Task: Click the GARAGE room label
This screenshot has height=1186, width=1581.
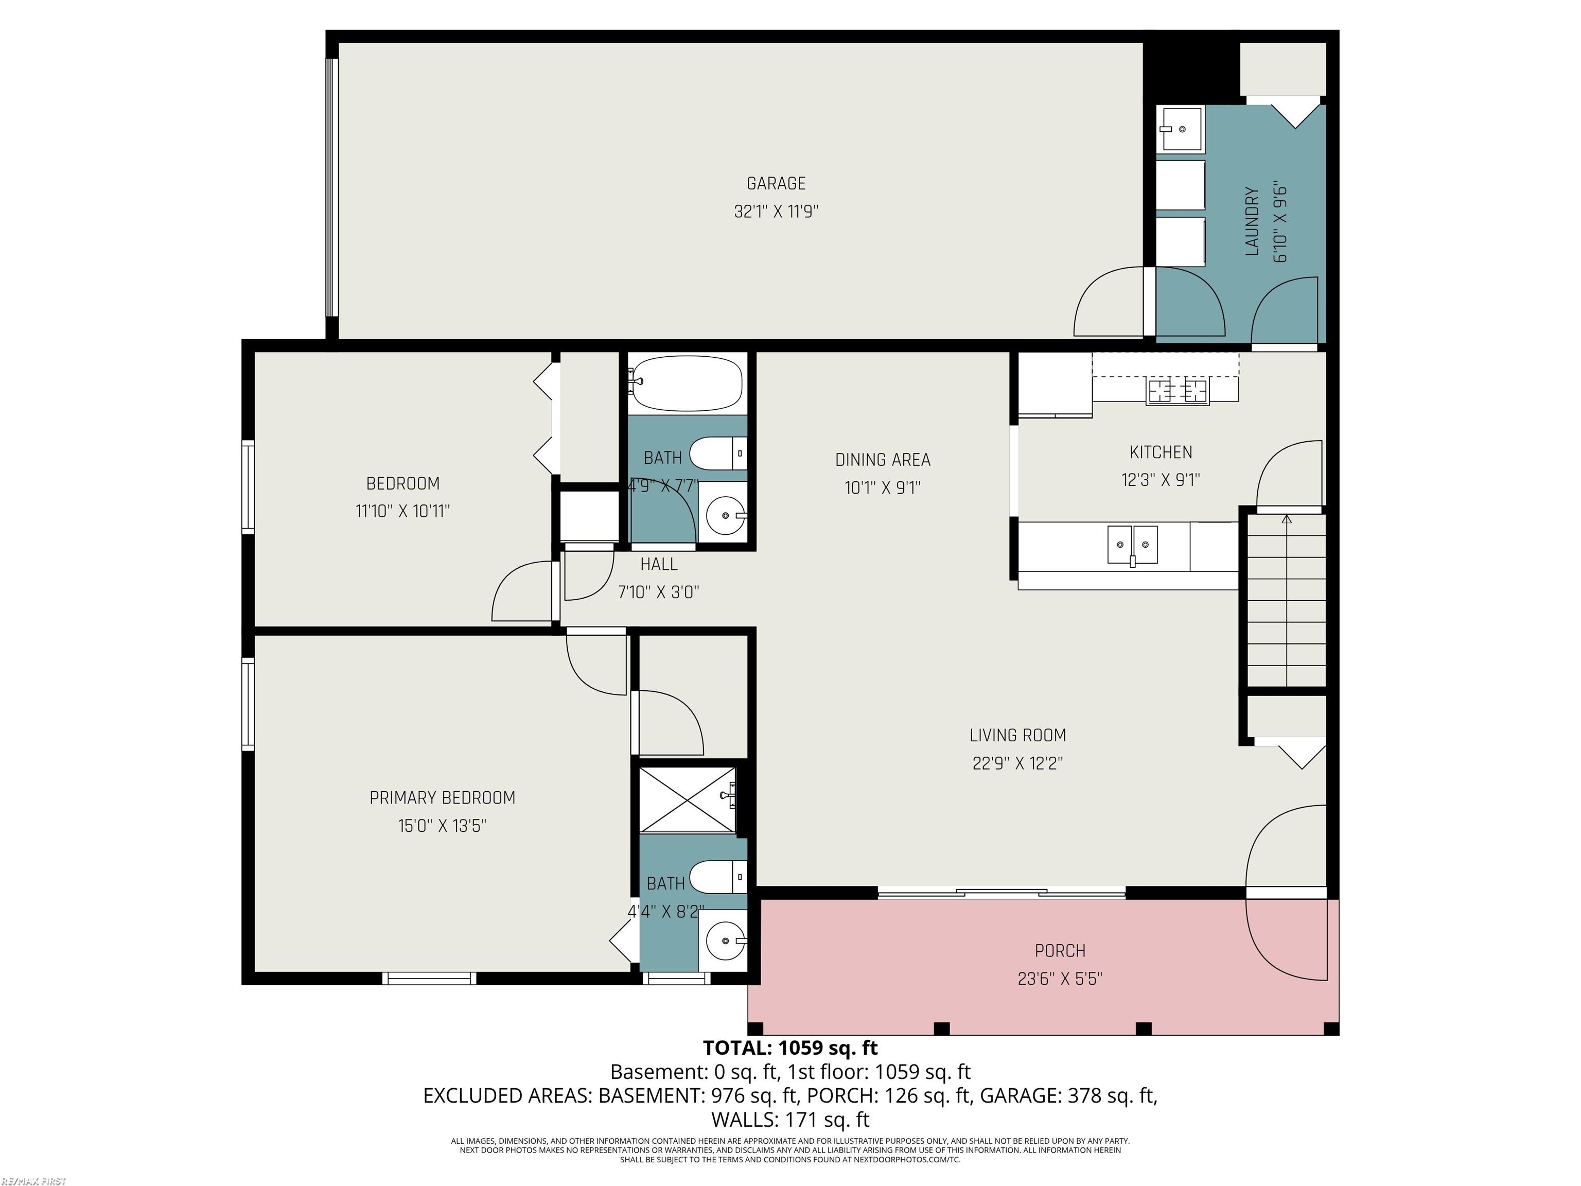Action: point(776,184)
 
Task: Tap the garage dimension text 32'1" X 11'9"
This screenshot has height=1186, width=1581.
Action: point(776,212)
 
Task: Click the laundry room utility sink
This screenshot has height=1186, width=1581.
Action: point(1182,129)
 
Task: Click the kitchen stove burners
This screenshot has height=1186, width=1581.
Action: point(1177,391)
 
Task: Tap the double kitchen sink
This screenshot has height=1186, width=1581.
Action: point(1132,545)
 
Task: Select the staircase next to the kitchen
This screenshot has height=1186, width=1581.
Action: point(1287,601)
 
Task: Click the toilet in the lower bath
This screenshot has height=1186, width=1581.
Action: point(718,877)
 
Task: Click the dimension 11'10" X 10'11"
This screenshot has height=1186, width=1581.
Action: point(402,511)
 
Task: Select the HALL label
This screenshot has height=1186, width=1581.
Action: point(658,565)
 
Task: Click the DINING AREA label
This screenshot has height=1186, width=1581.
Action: point(883,460)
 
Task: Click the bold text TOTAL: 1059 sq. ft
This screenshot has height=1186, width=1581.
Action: point(790,1048)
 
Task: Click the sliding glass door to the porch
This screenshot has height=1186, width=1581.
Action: point(1000,892)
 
